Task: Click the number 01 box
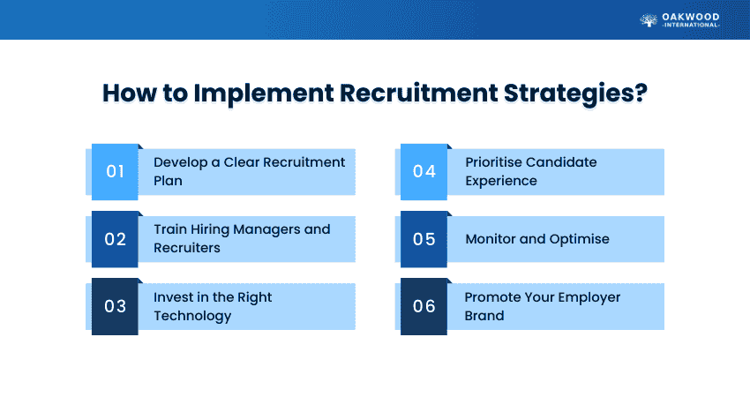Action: [x=115, y=172]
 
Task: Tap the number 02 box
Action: [x=115, y=239]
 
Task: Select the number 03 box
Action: [x=115, y=307]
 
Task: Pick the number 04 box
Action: [x=424, y=172]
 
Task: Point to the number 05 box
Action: [x=424, y=239]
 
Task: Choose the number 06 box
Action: [x=424, y=307]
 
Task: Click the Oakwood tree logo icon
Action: [x=649, y=20]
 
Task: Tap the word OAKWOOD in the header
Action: [x=690, y=18]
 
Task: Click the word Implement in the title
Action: [x=264, y=94]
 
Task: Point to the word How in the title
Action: [x=129, y=93]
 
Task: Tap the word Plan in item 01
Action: [x=168, y=181]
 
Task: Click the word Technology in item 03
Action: [x=192, y=316]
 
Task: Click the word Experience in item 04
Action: [x=501, y=181]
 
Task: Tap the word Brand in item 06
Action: [x=484, y=316]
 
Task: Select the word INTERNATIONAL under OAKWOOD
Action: [x=691, y=25]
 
